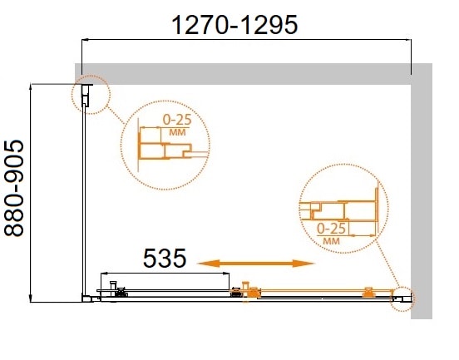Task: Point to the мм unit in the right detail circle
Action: (x=331, y=239)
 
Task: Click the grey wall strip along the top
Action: (x=249, y=73)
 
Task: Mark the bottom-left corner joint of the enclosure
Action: (x=86, y=296)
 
